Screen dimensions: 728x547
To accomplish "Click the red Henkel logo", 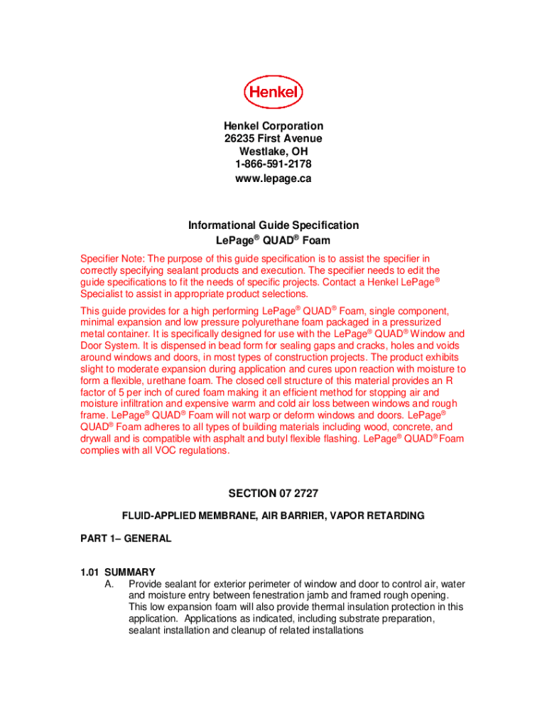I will [x=273, y=92].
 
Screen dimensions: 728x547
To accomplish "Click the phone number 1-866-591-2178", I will [x=273, y=165].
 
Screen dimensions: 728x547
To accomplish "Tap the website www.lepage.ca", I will [x=273, y=178].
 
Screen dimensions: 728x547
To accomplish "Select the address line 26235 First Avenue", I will [x=273, y=139].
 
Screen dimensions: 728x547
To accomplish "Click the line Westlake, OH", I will [x=273, y=152].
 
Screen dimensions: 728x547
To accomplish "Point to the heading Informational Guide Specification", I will [x=273, y=225].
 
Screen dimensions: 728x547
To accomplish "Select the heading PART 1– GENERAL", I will [x=126, y=539].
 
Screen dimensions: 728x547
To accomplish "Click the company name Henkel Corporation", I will [x=273, y=126].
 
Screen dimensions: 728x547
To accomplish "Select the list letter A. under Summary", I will [x=109, y=584].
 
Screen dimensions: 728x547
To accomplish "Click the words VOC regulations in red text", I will [x=191, y=450].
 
